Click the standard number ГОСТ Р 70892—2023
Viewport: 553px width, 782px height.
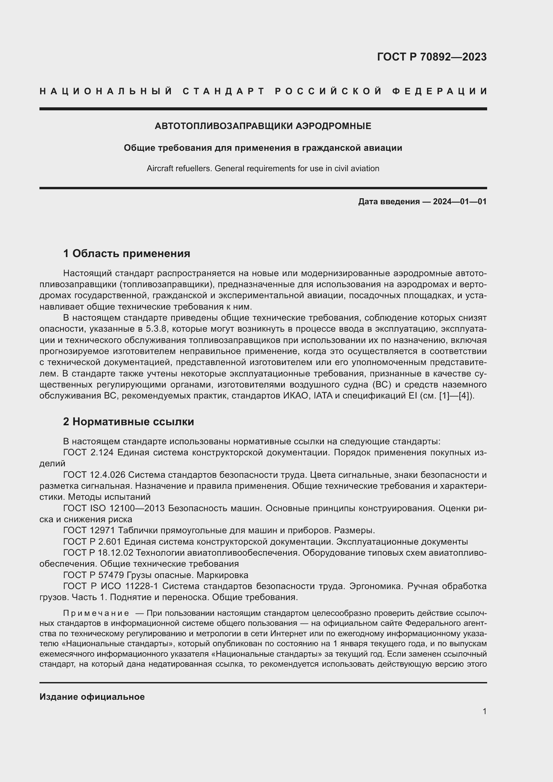(x=431, y=57)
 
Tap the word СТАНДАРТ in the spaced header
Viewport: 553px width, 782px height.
(x=224, y=91)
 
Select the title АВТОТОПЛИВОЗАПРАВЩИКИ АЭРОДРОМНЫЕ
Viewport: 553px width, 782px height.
(x=263, y=126)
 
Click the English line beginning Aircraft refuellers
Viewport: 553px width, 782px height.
(x=263, y=168)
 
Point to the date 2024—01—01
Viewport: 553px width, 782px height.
(x=459, y=202)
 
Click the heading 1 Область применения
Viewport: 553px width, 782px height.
(x=126, y=253)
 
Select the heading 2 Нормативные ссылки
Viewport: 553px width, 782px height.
(x=128, y=422)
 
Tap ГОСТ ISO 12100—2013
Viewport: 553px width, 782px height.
(x=114, y=508)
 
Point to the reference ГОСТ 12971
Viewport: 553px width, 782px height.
(x=89, y=530)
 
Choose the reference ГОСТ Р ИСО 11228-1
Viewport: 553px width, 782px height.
(x=109, y=586)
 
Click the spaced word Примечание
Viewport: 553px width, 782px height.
(x=96, y=613)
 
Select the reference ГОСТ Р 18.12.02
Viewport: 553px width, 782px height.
(x=98, y=552)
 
